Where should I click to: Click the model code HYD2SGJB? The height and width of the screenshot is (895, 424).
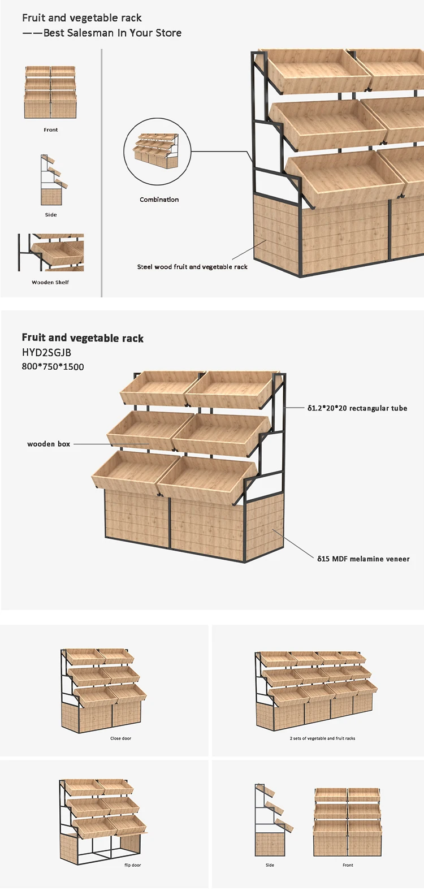tap(46, 353)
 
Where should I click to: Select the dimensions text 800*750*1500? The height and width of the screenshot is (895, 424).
tap(53, 367)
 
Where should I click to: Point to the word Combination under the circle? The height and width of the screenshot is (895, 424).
tap(159, 200)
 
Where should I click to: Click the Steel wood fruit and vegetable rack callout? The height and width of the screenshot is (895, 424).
tap(192, 267)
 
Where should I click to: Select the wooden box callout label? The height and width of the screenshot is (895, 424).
tap(49, 444)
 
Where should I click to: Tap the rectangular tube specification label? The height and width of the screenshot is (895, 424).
tap(357, 408)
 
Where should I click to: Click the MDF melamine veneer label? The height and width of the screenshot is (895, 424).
tap(363, 559)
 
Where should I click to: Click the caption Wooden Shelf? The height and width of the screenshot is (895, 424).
tap(50, 282)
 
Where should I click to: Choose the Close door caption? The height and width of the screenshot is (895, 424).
tap(120, 738)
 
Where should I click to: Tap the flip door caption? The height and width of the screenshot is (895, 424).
tap(132, 865)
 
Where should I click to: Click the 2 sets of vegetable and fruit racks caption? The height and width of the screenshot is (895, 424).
tap(322, 738)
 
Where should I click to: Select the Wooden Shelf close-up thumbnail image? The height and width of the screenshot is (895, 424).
tap(50, 252)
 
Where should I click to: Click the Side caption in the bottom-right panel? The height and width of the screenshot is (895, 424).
tap(270, 865)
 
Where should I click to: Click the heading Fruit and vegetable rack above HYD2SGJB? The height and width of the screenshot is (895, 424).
tap(83, 338)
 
